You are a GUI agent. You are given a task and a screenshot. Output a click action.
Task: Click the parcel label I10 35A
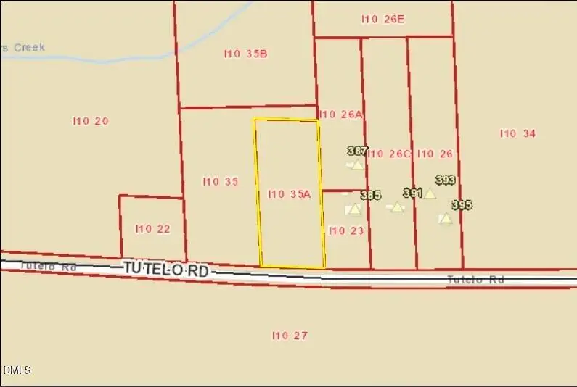289,193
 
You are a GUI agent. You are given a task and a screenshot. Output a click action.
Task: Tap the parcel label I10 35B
245,54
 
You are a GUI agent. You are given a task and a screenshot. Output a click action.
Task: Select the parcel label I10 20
91,121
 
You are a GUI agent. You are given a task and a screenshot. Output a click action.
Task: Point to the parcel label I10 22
152,229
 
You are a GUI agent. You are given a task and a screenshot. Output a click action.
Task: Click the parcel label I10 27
290,336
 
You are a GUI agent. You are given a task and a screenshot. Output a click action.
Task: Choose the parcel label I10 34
517,133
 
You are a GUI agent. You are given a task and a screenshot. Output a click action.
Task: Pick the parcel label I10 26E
382,20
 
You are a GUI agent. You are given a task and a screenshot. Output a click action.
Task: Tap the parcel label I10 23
345,231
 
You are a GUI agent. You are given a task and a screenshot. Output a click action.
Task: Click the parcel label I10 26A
340,115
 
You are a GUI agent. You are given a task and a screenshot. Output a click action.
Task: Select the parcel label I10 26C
389,154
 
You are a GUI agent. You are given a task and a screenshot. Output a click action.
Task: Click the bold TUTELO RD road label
165,270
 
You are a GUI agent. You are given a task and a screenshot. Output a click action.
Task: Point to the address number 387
357,151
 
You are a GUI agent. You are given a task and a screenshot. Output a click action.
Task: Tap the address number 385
370,196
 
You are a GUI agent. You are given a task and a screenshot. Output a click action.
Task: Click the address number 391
412,193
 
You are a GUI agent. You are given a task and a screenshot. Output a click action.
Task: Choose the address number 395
462,205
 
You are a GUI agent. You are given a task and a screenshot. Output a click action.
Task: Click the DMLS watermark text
16,370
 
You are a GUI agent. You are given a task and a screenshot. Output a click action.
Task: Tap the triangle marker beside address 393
430,193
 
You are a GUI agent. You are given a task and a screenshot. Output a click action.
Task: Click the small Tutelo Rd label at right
475,280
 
